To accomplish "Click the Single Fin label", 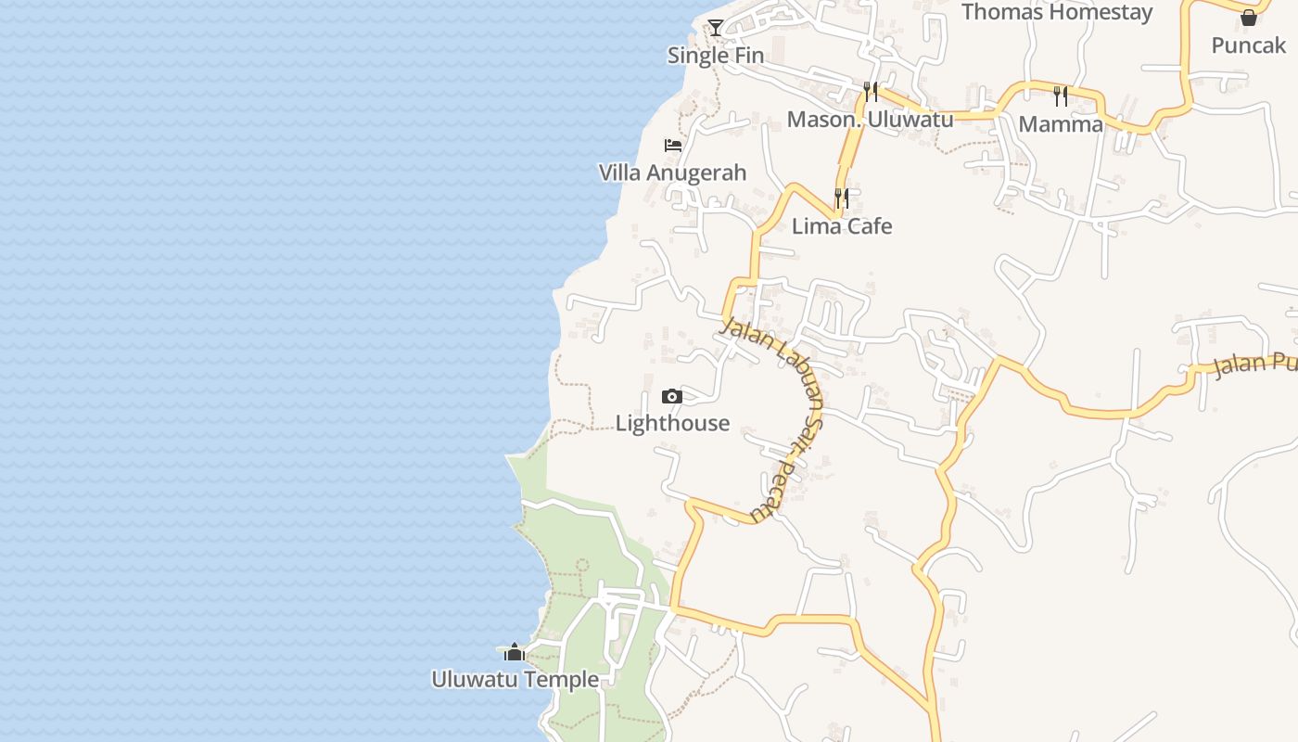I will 716,56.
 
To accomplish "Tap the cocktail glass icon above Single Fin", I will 716,27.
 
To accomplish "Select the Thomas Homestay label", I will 1057,12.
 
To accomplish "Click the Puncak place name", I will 1249,45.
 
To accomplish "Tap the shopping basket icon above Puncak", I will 1249,18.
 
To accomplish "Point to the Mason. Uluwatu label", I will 870,120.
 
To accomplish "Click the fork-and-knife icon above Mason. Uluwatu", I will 871,91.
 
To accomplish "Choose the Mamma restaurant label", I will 1061,124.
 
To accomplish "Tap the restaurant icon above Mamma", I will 1061,96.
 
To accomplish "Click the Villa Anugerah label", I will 672,173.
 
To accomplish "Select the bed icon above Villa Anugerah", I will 673,146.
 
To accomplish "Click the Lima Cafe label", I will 842,226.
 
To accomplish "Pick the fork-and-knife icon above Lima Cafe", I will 842,198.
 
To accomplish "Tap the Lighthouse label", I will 672,424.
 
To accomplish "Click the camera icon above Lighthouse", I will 672,397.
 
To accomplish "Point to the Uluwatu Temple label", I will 515,680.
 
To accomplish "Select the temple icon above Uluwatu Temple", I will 515,652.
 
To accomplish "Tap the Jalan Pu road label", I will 1254,363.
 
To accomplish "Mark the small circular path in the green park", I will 582,564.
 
